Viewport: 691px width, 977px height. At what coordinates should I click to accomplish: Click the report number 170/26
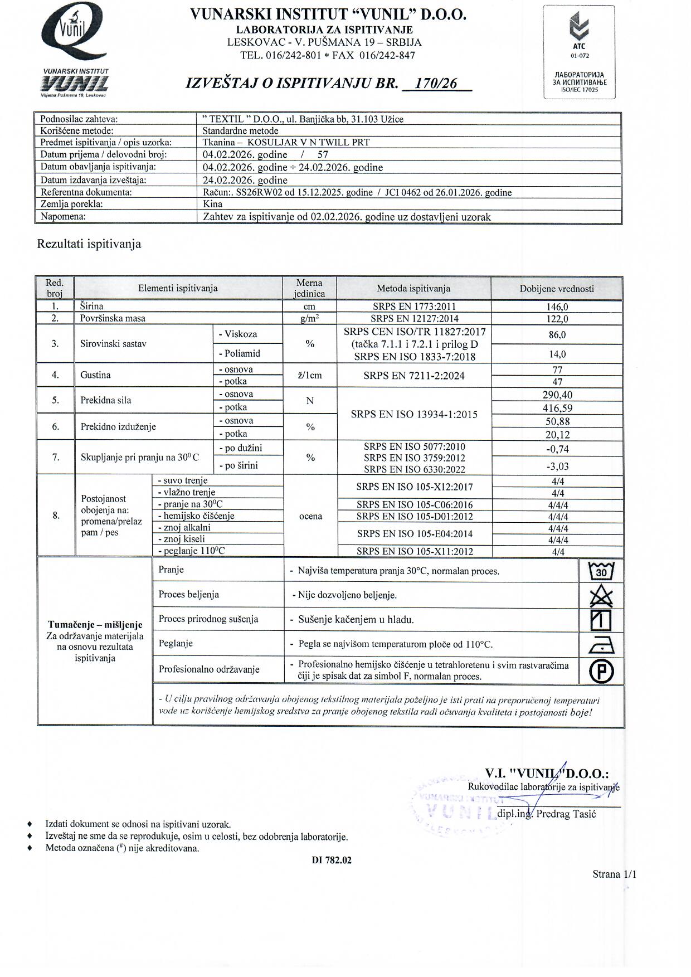[x=436, y=84]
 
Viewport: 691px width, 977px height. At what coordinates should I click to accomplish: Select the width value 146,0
[x=557, y=307]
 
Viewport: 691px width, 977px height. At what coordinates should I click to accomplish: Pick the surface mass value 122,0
[x=557, y=319]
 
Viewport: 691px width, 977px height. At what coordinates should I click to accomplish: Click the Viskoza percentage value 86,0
[x=557, y=334]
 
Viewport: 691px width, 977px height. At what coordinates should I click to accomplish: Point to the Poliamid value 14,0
[x=557, y=354]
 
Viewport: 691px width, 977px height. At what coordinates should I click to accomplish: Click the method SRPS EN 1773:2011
[x=414, y=306]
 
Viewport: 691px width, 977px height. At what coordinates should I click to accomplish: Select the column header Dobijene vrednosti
[x=556, y=289]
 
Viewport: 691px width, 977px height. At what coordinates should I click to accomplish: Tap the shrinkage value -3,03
[x=557, y=466]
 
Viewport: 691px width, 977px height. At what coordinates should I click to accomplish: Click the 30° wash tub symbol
[x=601, y=571]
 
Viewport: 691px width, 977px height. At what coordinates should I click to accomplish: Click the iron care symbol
[x=601, y=645]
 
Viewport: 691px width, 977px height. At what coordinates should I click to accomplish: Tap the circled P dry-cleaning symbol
[x=601, y=670]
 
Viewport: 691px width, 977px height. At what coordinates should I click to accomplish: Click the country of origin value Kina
[x=213, y=204]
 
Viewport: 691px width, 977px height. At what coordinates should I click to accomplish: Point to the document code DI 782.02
[x=332, y=860]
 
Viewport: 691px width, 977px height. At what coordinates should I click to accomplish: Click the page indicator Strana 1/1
[x=614, y=874]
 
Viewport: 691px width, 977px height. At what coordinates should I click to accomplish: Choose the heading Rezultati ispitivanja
[x=89, y=244]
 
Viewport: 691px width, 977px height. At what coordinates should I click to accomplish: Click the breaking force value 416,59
[x=557, y=408]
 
